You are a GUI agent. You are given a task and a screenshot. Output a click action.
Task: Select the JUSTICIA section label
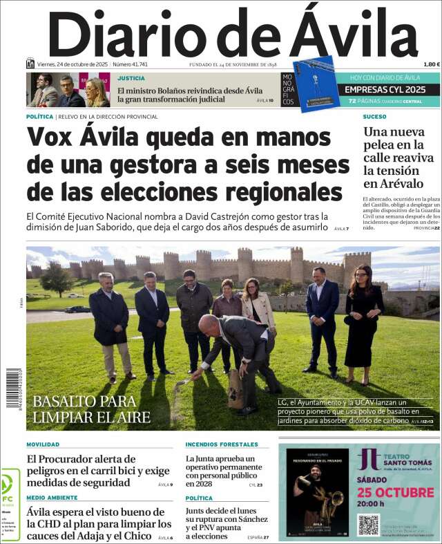(131, 78)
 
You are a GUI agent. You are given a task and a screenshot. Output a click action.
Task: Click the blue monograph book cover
(316, 84)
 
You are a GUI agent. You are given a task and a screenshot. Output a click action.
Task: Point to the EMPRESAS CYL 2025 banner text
(385, 89)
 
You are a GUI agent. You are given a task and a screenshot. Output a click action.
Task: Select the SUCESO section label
(374, 117)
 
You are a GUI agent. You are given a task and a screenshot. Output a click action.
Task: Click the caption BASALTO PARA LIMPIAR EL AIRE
(91, 409)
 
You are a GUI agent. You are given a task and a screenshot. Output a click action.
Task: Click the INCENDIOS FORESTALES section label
(221, 444)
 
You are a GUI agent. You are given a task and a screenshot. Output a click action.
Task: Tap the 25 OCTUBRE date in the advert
(396, 492)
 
